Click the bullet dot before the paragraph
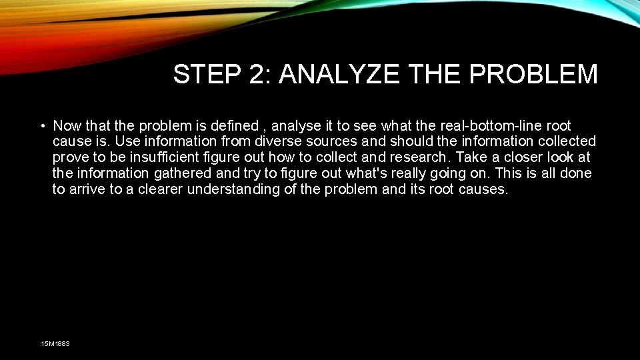42,126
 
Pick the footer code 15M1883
55,343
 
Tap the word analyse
297,126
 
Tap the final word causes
483,189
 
